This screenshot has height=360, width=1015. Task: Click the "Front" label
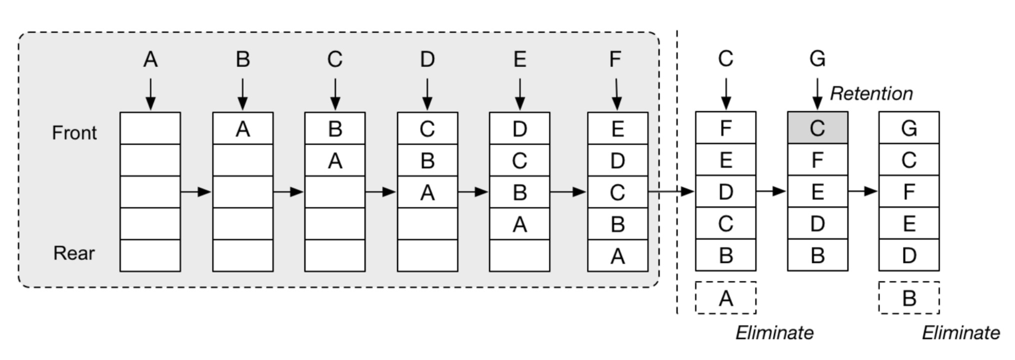[74, 133]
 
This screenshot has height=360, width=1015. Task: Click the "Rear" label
[74, 253]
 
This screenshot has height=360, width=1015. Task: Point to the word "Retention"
[871, 93]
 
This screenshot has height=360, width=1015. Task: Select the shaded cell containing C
[817, 127]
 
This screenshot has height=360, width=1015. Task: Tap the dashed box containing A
[725, 298]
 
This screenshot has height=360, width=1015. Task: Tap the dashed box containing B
[909, 298]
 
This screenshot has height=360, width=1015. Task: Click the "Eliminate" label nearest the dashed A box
[774, 333]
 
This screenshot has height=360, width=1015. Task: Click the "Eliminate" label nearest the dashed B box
[961, 333]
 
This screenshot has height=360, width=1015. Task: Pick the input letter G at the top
[817, 59]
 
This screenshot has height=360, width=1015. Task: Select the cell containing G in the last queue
[909, 127]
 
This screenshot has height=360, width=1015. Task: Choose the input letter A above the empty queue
[150, 59]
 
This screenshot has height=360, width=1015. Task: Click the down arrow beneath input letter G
[817, 93]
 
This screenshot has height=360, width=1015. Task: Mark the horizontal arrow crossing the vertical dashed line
[671, 191]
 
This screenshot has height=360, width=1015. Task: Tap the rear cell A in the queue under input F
[617, 255]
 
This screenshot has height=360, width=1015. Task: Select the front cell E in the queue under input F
[617, 128]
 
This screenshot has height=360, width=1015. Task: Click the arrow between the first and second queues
[196, 191]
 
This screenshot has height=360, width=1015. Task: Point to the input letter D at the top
[427, 59]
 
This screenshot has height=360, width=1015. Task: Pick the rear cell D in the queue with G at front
[909, 255]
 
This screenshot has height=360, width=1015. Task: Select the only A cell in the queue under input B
[243, 128]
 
